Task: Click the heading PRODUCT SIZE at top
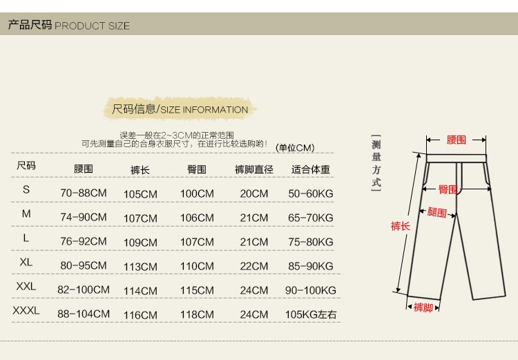click(x=68, y=26)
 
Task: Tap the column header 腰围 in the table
click(x=84, y=169)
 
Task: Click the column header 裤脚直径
click(x=254, y=169)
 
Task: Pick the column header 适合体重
click(x=311, y=169)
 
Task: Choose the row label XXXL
click(x=26, y=311)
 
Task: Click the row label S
click(x=26, y=189)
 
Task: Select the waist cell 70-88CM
click(x=84, y=193)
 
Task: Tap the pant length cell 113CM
click(x=141, y=267)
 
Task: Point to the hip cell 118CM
click(x=197, y=315)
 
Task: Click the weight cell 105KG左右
click(x=311, y=315)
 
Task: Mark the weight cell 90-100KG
click(x=311, y=291)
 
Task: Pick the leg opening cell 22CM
click(x=254, y=266)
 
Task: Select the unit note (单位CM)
click(x=295, y=148)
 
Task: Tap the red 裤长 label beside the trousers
click(x=401, y=226)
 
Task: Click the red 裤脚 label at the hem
click(x=423, y=307)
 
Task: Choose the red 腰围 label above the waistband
click(x=457, y=140)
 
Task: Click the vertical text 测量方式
click(x=376, y=163)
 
